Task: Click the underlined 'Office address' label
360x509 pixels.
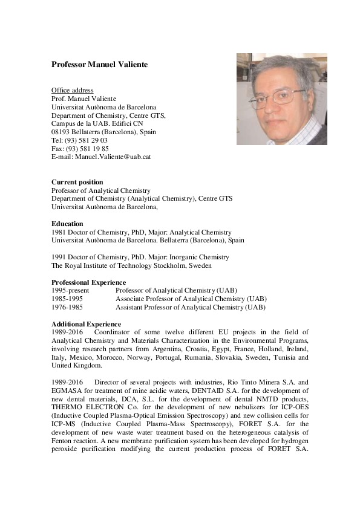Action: [x=72, y=90]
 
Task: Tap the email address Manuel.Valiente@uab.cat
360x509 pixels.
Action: [x=113, y=156]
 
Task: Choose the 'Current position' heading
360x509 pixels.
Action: [x=77, y=182]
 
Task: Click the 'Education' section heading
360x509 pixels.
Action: [x=67, y=224]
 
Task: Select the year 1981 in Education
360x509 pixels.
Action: [x=59, y=232]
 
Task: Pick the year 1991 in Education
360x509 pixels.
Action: [x=59, y=257]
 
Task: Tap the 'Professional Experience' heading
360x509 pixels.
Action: [x=88, y=282]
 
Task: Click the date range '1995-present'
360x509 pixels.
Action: [x=70, y=291]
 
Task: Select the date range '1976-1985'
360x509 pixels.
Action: [x=68, y=307]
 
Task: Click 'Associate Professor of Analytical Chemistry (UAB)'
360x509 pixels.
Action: [x=191, y=299]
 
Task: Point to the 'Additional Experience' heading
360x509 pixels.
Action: [x=86, y=324]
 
